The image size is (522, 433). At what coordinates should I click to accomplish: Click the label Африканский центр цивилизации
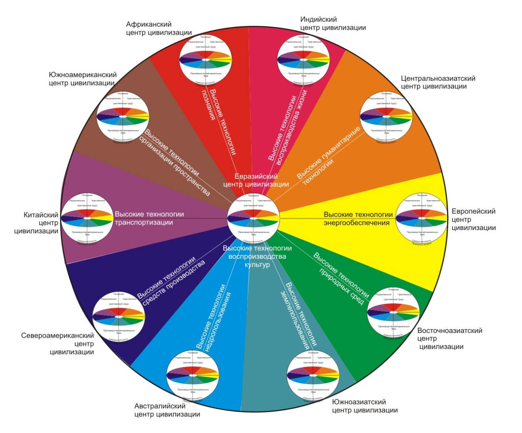[x=159, y=29]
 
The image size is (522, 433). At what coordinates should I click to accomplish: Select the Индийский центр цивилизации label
[x=333, y=24]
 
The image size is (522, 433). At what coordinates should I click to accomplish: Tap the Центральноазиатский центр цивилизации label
[x=438, y=83]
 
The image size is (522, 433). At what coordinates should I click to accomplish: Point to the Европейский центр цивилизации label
[x=474, y=220]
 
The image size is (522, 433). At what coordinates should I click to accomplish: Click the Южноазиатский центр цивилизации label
[x=365, y=406]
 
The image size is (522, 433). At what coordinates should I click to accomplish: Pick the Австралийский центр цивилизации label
[x=167, y=410]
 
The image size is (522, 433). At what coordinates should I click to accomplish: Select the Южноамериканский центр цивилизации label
[x=82, y=79]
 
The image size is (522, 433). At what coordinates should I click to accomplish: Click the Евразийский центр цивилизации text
[x=256, y=180]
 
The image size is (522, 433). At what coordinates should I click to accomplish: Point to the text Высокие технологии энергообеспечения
[x=358, y=218]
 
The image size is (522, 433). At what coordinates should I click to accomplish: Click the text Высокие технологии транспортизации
[x=149, y=218]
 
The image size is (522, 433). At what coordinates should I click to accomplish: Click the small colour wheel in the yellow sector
[x=421, y=218]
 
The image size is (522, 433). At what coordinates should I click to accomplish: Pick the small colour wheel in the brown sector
[x=122, y=116]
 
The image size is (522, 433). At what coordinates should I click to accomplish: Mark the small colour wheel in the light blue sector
[x=192, y=375]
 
